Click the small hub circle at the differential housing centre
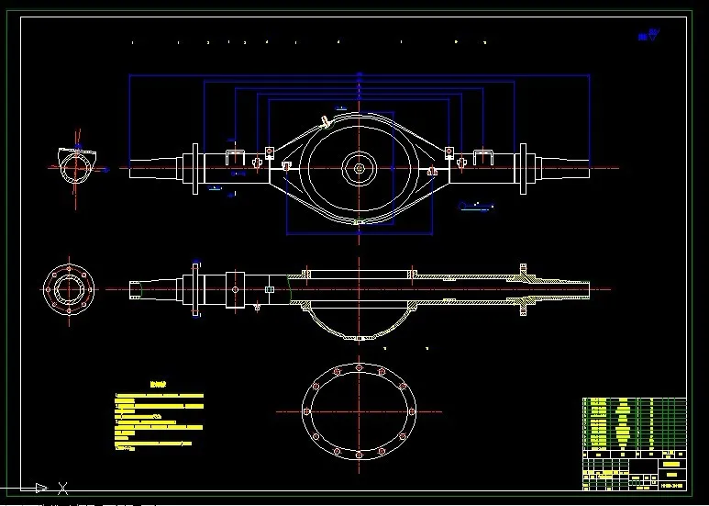(x=359, y=168)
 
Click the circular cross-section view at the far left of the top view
(x=76, y=167)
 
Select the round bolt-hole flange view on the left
(x=69, y=289)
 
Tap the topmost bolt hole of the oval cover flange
(x=359, y=368)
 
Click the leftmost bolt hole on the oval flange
(x=305, y=410)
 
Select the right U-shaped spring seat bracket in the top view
(x=483, y=157)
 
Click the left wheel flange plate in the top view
(x=195, y=168)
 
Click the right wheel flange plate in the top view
(x=522, y=168)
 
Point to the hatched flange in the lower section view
(x=524, y=290)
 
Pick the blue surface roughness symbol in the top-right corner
(x=651, y=35)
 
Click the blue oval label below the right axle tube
(x=474, y=206)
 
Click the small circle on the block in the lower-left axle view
(x=235, y=290)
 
